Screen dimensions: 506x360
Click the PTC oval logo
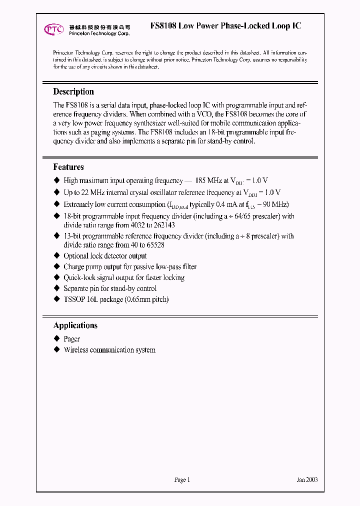[x=54, y=29]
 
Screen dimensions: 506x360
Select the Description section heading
[x=73, y=91]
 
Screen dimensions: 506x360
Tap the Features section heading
[x=68, y=167]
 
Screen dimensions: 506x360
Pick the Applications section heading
[x=75, y=325]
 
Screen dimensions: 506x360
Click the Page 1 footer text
[x=182, y=480]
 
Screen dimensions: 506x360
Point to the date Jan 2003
[x=307, y=480]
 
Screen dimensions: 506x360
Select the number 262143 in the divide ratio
[x=161, y=225]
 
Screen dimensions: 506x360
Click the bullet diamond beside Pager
[x=56, y=339]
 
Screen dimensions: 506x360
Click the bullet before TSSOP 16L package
[x=56, y=299]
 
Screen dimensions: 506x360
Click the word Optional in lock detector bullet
[x=76, y=255]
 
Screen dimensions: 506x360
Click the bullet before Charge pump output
[x=56, y=266]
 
